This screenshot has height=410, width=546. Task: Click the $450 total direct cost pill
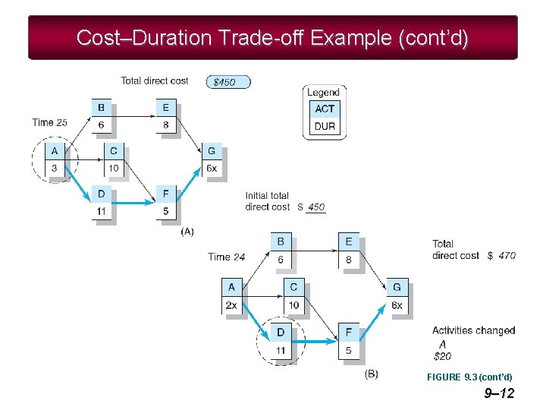(227, 82)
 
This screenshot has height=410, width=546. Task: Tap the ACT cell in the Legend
(325, 109)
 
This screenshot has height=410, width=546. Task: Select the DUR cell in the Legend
(325, 126)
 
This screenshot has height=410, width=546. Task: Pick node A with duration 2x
(232, 296)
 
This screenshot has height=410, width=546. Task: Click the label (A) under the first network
(187, 231)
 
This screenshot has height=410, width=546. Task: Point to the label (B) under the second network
(372, 374)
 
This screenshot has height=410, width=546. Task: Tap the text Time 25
(50, 122)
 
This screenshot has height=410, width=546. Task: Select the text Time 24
(226, 257)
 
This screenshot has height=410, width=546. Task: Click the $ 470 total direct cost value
(501, 256)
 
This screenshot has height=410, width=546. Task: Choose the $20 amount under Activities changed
(441, 355)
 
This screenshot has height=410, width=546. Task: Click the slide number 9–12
(498, 393)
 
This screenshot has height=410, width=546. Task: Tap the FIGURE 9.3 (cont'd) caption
(469, 377)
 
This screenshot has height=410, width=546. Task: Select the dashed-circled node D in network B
(281, 342)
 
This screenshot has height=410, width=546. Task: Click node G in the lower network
(397, 296)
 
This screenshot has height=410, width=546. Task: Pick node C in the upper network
(112, 159)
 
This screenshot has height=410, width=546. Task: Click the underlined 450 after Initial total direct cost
(316, 207)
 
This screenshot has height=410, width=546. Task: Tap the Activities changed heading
(473, 330)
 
